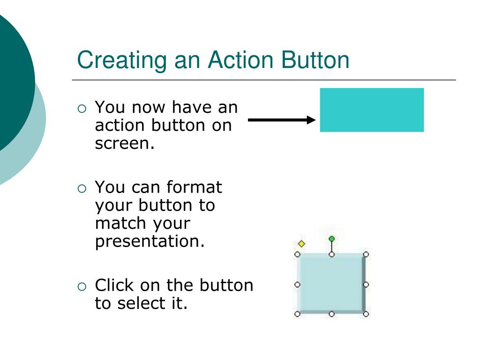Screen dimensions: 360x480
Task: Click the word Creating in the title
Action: [121, 60]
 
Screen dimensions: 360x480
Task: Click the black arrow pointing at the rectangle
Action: [282, 120]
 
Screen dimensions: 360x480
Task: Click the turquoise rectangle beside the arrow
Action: [372, 110]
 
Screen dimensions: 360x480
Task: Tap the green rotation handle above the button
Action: [332, 239]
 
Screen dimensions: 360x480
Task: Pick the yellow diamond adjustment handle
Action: [301, 244]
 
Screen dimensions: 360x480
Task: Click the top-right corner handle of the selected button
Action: [366, 255]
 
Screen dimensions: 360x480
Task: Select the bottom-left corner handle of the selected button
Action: [297, 314]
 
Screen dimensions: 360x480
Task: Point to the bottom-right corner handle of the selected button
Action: [366, 314]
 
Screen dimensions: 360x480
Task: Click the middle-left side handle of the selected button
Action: [297, 285]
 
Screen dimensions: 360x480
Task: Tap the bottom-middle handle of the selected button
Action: [332, 314]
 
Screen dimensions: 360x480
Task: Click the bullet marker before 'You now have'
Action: [82, 109]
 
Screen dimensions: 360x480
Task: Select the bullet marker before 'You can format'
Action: [82, 188]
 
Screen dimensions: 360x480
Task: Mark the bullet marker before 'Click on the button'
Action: [82, 286]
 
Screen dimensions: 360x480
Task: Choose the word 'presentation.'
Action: [150, 242]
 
